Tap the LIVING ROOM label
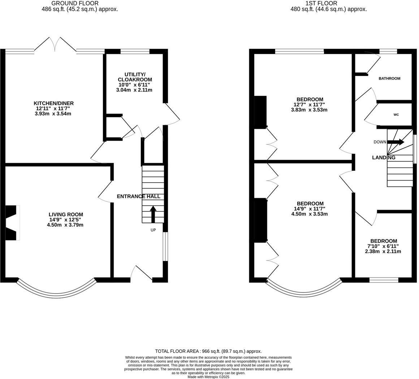[x=66, y=214]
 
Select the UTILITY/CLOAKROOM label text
[x=135, y=77]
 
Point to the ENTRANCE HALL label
[x=138, y=196]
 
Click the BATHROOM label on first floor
[x=389, y=78]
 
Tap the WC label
[x=396, y=115]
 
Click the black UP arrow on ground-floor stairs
[x=153, y=214]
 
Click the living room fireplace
[x=12, y=223]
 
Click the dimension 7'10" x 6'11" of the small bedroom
[x=384, y=246]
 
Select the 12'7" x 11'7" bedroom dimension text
[x=310, y=105]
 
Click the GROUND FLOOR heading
[x=75, y=3]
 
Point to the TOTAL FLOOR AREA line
[x=208, y=351]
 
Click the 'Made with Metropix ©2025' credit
[x=208, y=376]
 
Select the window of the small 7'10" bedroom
[x=384, y=280]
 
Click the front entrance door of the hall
[x=142, y=274]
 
